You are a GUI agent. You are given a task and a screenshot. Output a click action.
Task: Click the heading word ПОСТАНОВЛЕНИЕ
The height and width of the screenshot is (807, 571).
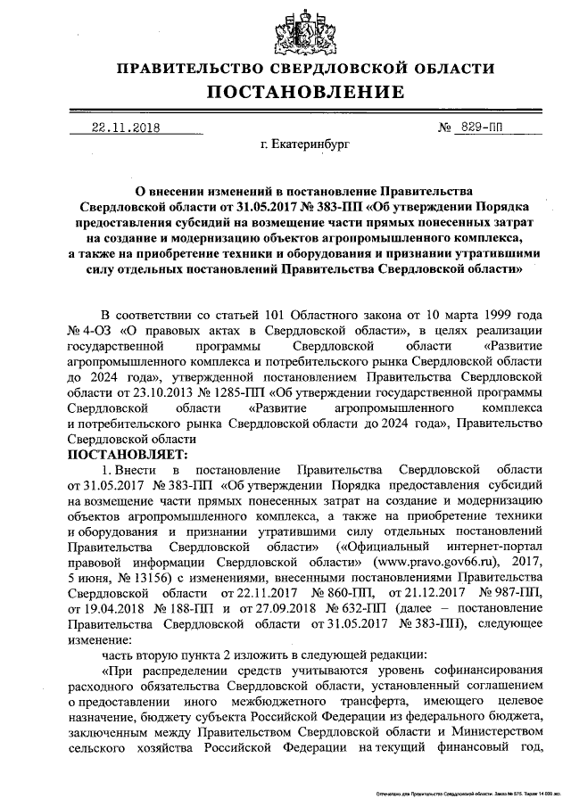click(306, 93)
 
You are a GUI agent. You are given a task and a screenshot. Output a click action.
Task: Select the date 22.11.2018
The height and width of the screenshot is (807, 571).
click(125, 128)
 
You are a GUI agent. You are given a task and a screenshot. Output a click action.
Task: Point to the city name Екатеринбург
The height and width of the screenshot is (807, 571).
click(305, 143)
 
